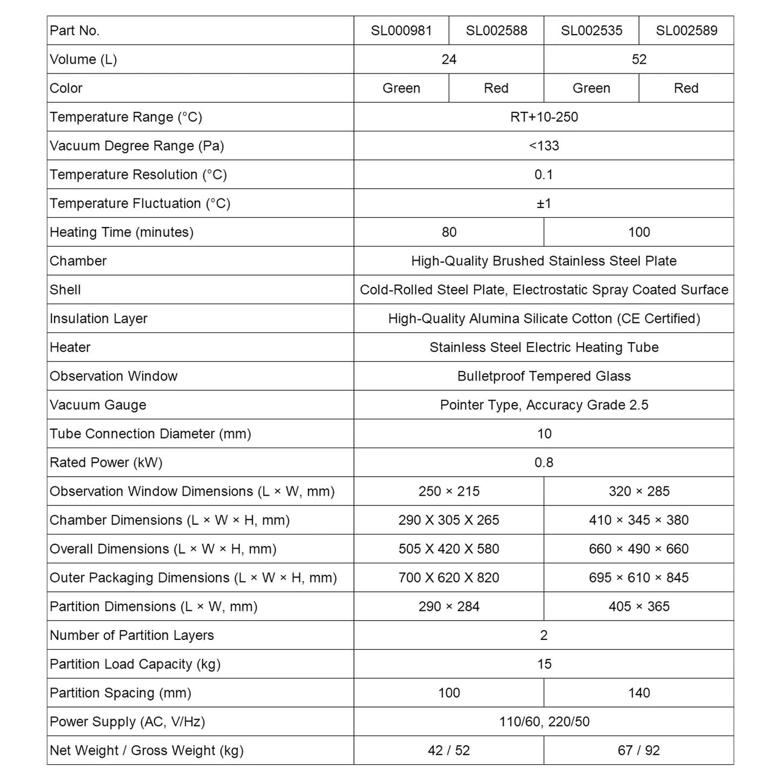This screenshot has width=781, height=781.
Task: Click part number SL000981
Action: tap(401, 30)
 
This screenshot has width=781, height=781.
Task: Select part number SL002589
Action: tap(686, 30)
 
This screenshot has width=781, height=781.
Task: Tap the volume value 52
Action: tap(639, 59)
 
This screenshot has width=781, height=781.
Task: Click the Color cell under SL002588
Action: tap(496, 88)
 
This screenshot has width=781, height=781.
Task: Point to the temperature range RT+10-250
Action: tap(544, 117)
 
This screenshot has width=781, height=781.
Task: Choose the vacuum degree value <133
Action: tap(544, 146)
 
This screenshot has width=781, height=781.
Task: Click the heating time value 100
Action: tap(639, 232)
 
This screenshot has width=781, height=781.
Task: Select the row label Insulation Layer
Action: tap(98, 318)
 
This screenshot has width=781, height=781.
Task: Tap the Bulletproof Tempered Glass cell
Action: tap(544, 376)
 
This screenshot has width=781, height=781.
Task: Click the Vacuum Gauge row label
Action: tap(98, 405)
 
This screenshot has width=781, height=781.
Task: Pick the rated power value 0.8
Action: tap(544, 463)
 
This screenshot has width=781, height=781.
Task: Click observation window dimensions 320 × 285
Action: tap(639, 491)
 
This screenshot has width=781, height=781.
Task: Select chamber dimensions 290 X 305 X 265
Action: tap(449, 520)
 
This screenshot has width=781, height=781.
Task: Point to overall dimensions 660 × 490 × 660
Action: tap(639, 549)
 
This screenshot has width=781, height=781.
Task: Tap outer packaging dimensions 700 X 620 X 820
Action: tap(449, 578)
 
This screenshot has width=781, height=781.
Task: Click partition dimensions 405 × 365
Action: tap(639, 606)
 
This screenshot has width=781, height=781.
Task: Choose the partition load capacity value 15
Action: tap(544, 664)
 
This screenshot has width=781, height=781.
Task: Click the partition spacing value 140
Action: tap(639, 693)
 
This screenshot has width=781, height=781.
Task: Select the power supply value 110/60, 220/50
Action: tap(544, 722)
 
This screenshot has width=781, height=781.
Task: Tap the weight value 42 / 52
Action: tap(449, 750)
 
